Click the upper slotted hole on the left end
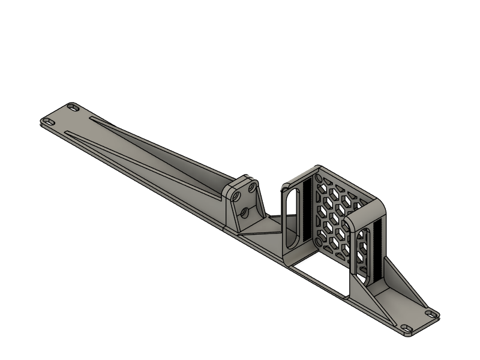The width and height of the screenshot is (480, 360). click(x=74, y=107)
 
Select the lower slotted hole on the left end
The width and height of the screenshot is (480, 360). click(x=48, y=123)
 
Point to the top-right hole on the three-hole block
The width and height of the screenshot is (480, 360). click(x=253, y=188)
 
